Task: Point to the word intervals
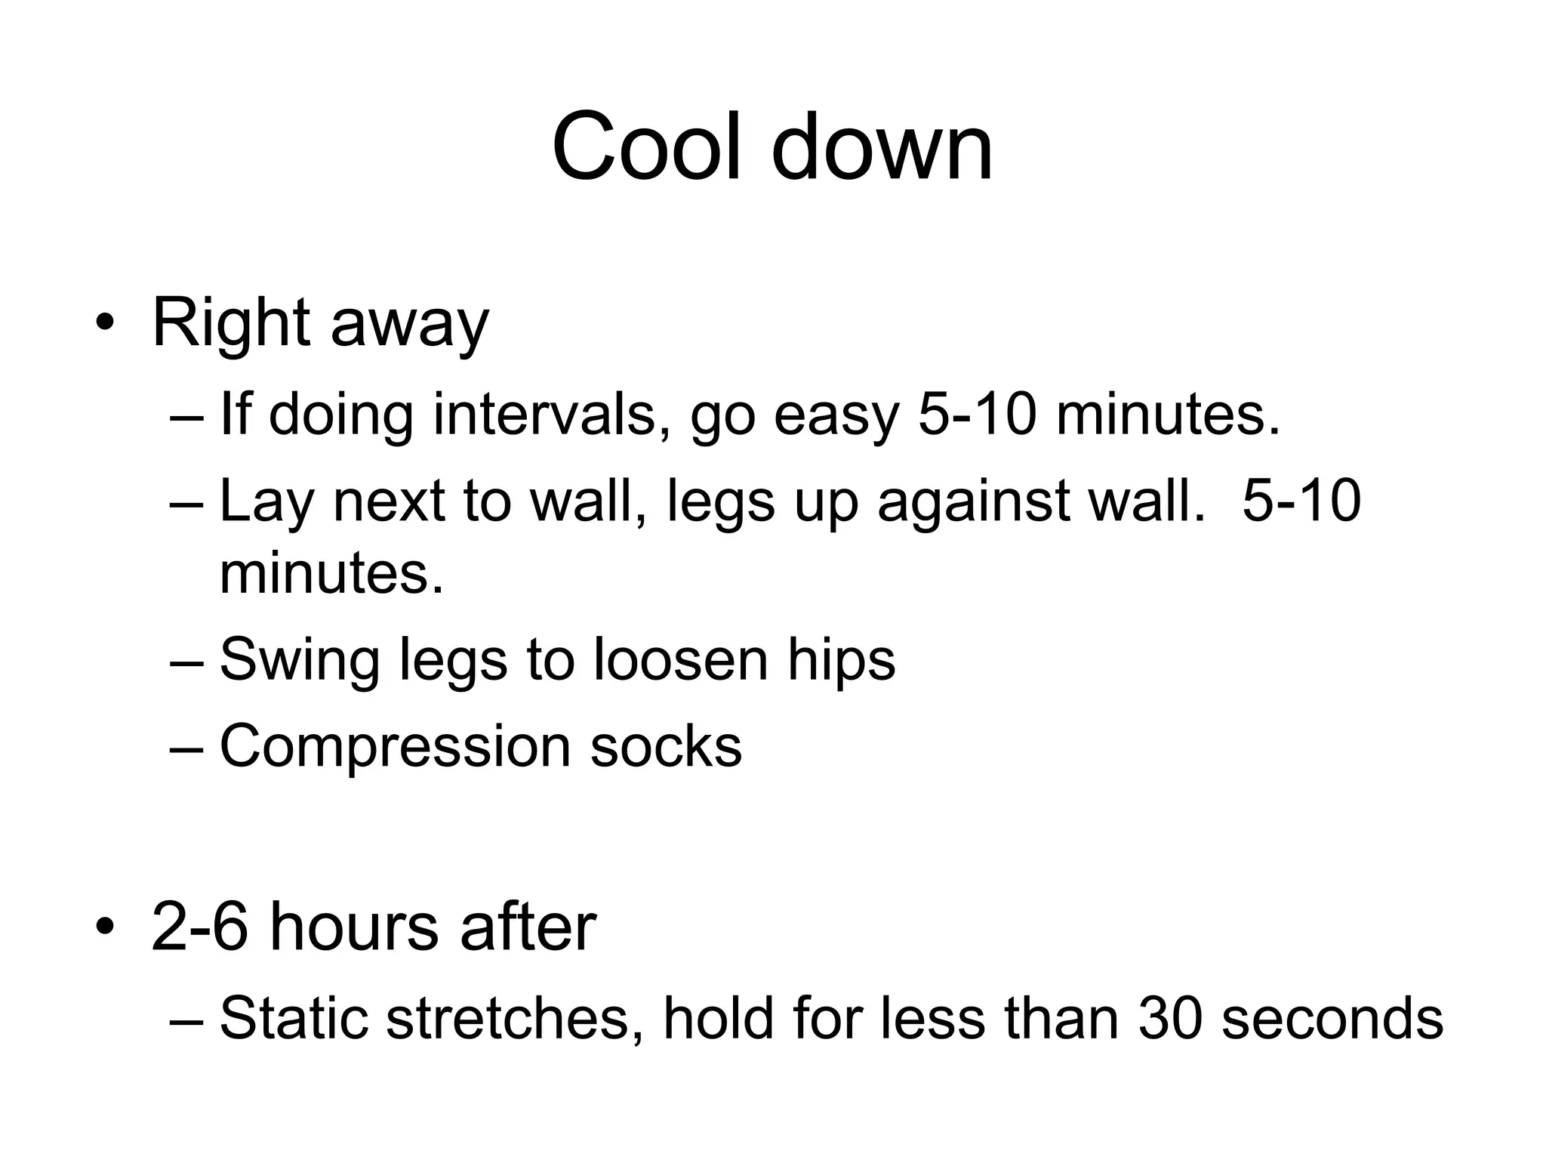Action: [x=544, y=415]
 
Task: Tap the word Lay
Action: [x=266, y=502]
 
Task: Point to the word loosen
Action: [x=680, y=659]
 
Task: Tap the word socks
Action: [x=666, y=746]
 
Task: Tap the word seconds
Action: [x=1332, y=1017]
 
